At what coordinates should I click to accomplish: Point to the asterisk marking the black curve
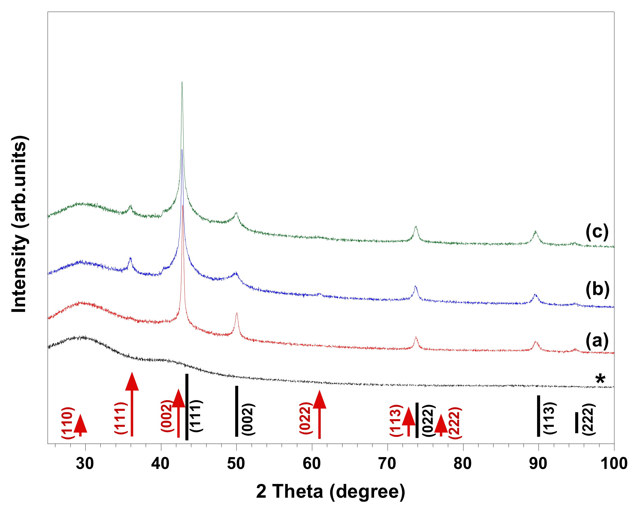tap(600, 379)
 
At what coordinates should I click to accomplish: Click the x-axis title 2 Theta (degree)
tap(330, 492)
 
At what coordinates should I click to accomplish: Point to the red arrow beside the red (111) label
tap(132, 407)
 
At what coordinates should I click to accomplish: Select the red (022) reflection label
tap(306, 418)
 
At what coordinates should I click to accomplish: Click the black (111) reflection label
tap(196, 416)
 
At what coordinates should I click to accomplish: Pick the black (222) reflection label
tap(588, 419)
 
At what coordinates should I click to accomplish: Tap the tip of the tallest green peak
tap(182, 83)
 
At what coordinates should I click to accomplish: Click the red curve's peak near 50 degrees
tap(237, 314)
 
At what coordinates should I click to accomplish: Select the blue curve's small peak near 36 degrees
tap(130, 259)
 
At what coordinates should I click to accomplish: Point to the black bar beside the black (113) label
tap(538, 416)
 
